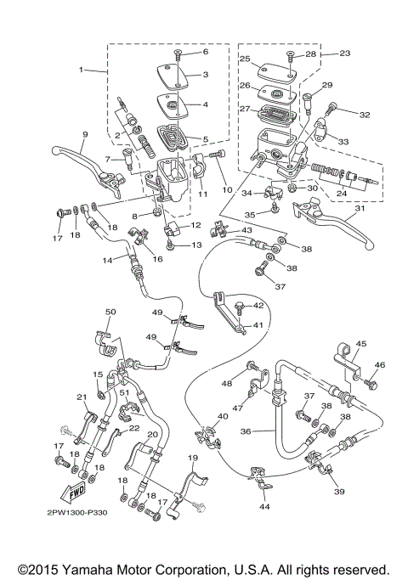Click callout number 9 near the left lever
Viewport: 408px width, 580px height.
tap(85, 136)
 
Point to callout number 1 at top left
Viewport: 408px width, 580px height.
tap(82, 69)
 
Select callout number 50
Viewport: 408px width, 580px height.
tap(110, 313)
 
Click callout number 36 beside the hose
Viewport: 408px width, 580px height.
tap(246, 431)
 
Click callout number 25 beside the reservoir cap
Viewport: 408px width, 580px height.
tap(244, 59)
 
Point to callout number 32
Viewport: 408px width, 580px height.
tap(365, 115)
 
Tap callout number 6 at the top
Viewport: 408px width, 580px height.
tap(204, 53)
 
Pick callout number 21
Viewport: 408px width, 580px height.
tap(82, 397)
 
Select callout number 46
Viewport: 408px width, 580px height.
tap(380, 365)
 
